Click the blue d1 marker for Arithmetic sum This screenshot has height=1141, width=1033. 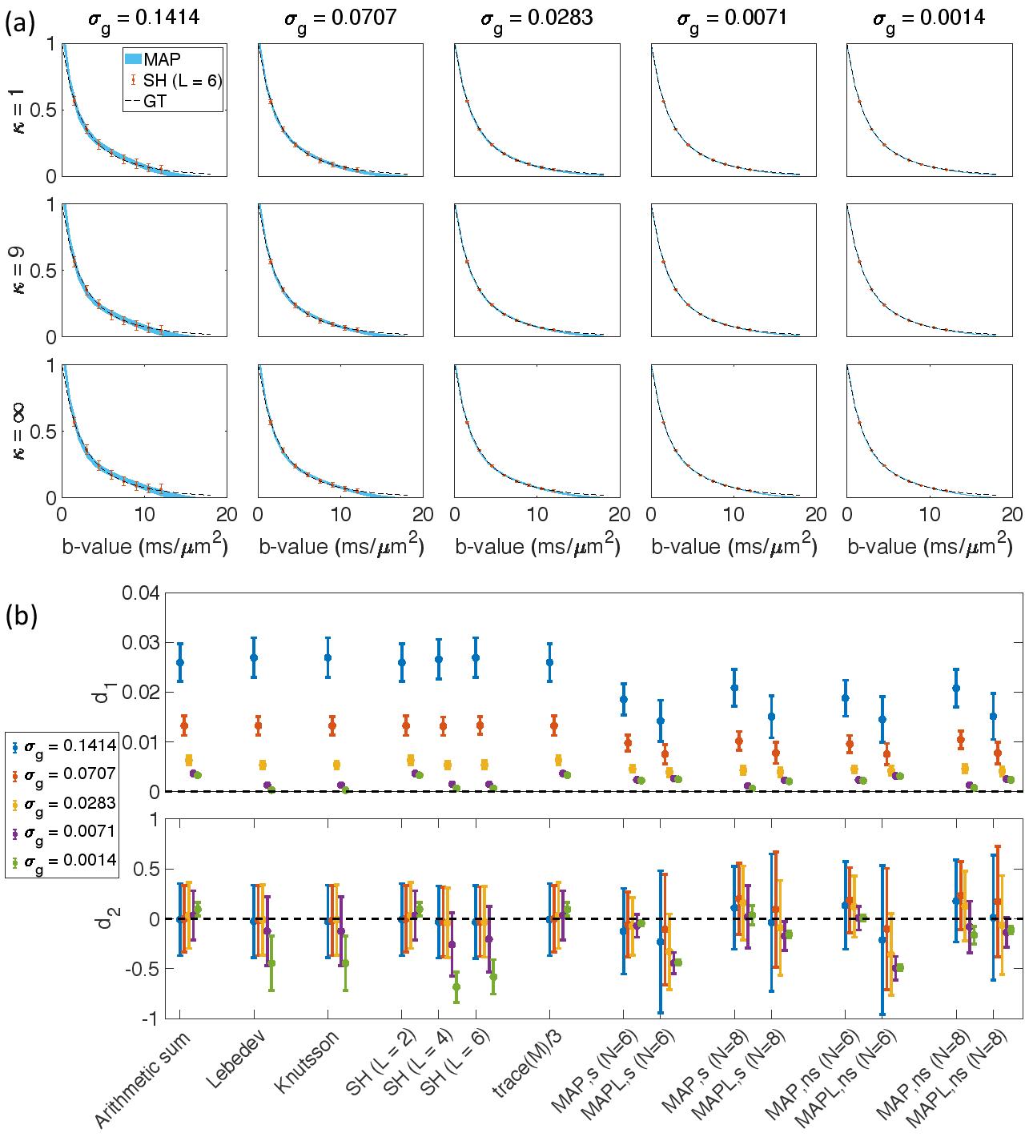pos(180,662)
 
